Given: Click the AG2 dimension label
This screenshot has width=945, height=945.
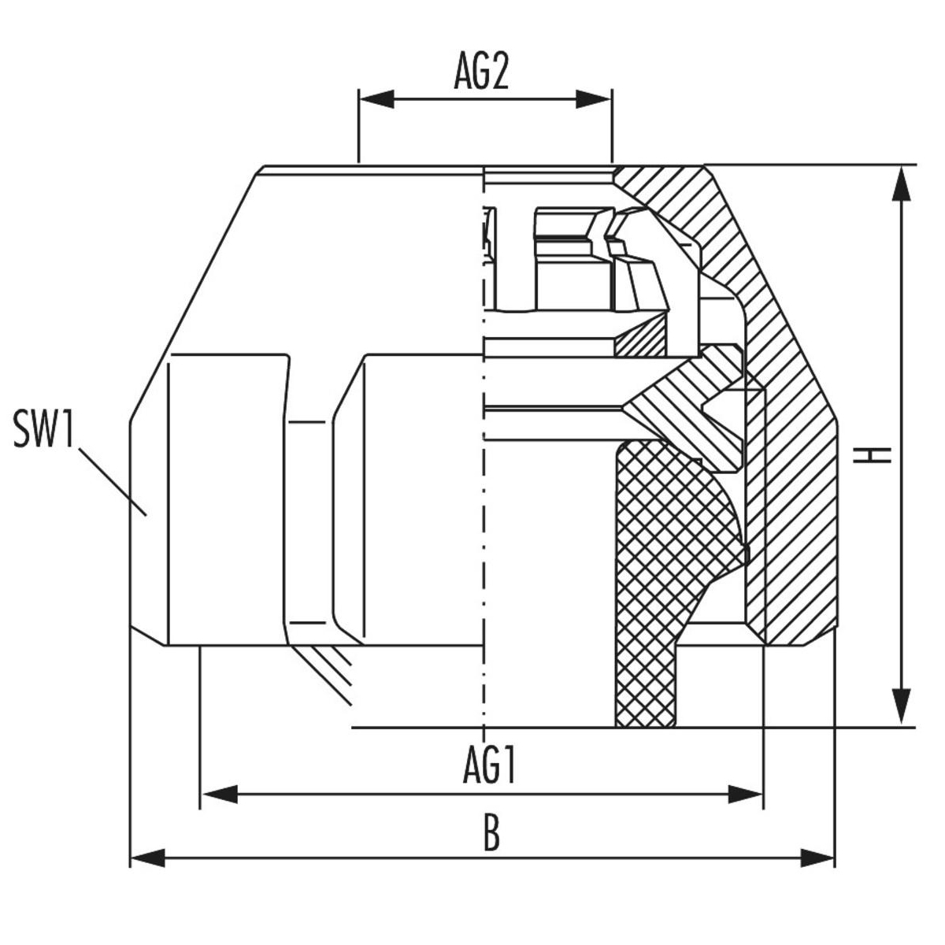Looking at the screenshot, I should point(482,73).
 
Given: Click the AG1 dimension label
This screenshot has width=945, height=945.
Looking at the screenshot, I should point(489,765).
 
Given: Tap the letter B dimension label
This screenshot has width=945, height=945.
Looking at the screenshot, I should point(491,834).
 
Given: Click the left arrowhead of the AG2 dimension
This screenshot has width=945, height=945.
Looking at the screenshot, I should point(376,99).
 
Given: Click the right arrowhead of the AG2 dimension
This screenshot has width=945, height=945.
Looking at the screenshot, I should point(594,99).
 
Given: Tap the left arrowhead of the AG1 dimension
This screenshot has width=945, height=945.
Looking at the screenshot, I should point(220,795).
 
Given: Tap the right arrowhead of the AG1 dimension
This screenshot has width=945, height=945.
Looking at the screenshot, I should point(745,795).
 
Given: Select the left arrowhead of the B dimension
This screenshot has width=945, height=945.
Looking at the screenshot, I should point(148,857).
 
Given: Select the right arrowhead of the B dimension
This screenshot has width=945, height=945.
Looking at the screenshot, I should point(817,857).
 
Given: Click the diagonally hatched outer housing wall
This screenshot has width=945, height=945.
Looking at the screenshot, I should point(787,472).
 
